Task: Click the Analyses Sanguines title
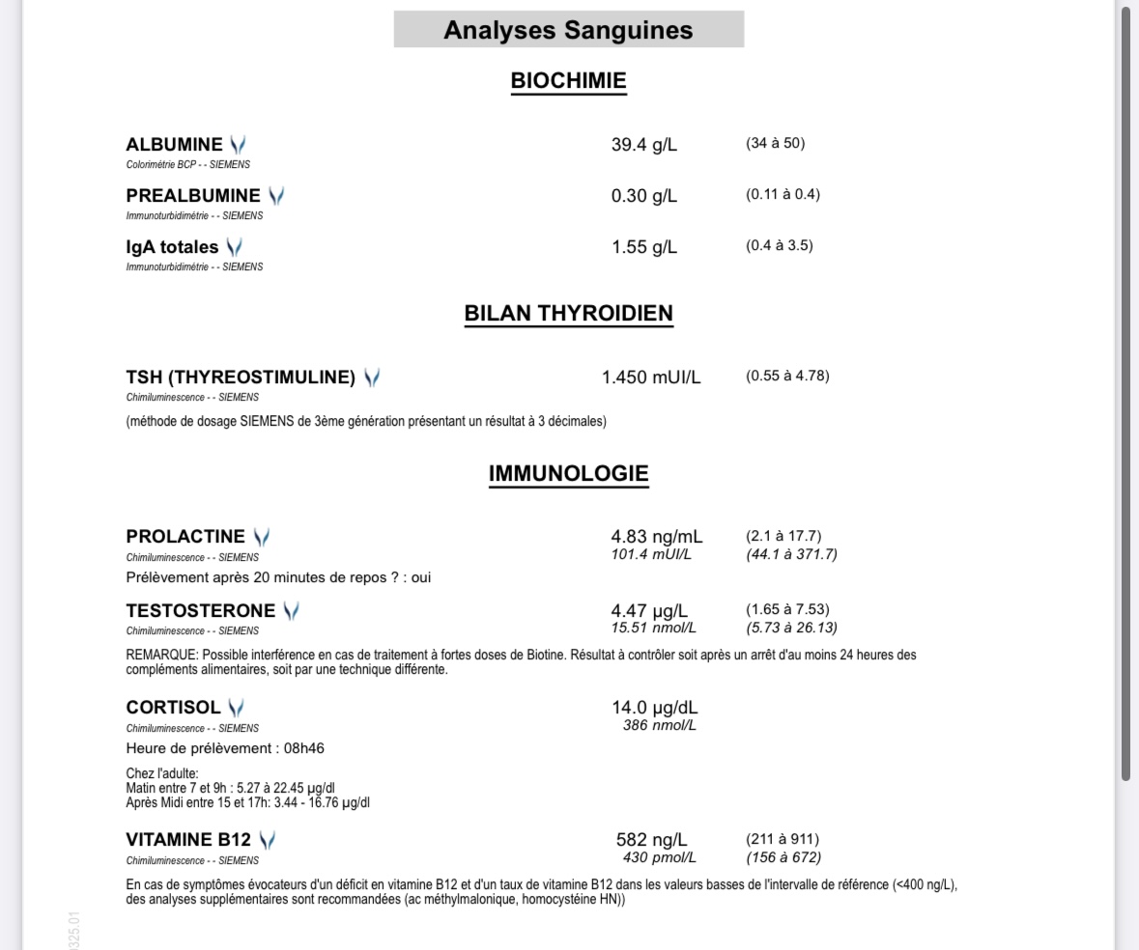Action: [568, 30]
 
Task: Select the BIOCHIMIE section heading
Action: [568, 81]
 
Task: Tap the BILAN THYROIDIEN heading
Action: [568, 314]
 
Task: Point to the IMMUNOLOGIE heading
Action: [568, 474]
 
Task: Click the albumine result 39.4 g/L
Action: [644, 145]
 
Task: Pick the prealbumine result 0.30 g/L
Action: [644, 196]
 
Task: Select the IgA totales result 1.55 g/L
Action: [644, 247]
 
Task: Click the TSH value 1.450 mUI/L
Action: [651, 377]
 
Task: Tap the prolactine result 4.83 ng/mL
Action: [657, 536]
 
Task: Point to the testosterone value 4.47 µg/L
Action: [650, 610]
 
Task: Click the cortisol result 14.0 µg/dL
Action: [653, 708]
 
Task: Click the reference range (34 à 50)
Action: [775, 144]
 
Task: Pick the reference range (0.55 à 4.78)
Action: [787, 376]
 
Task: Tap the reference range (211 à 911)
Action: [783, 839]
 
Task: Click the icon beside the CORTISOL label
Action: [235, 708]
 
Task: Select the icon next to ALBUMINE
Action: [238, 145]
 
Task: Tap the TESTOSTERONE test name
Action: [200, 610]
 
